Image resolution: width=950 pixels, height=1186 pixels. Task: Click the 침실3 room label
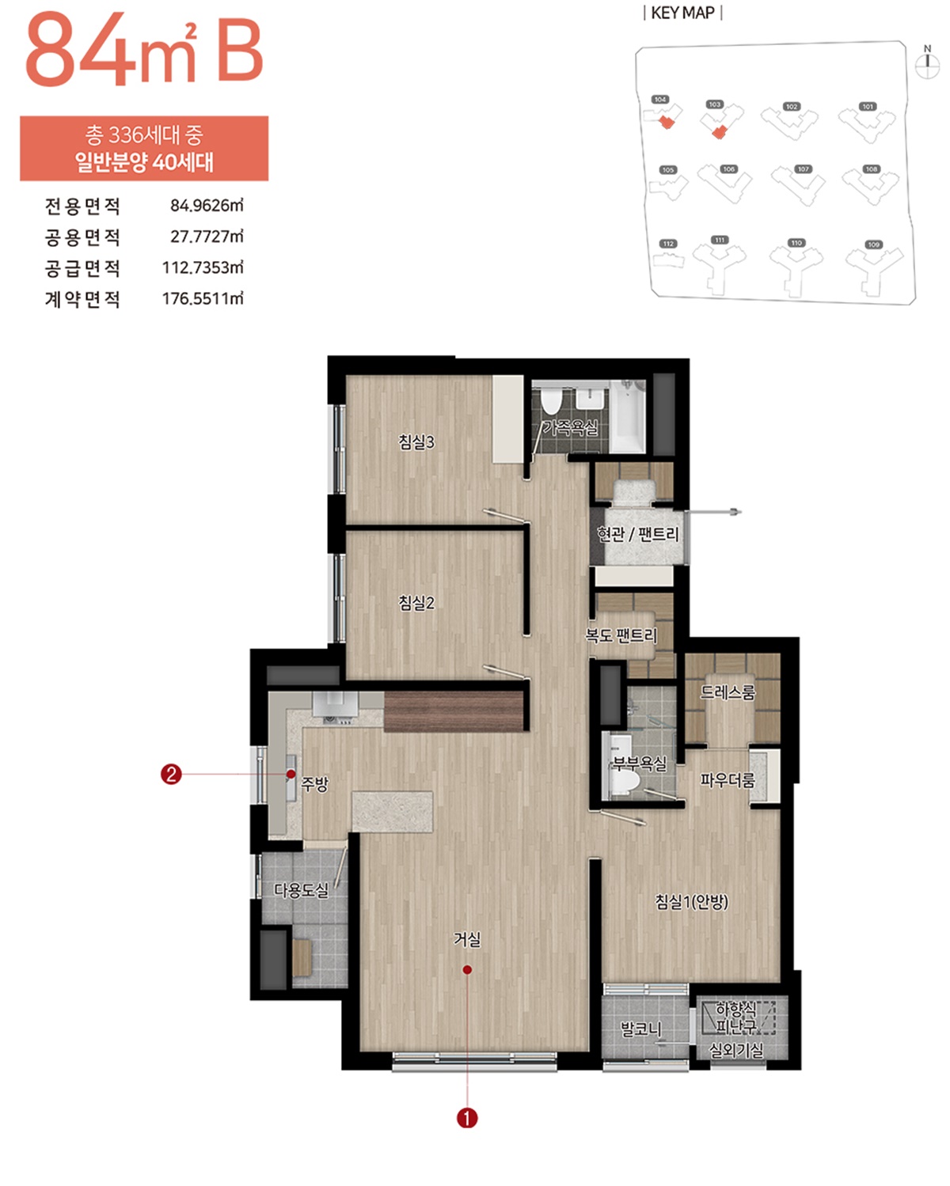point(416,441)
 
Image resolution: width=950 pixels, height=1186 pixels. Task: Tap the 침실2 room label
point(416,603)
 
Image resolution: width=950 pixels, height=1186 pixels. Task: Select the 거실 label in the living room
point(467,939)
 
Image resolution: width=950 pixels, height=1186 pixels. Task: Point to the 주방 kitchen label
point(314,784)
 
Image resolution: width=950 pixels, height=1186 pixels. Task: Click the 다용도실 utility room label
point(301,890)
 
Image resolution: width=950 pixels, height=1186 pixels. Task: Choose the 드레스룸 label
point(728,692)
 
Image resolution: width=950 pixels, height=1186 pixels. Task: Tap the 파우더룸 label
point(728,780)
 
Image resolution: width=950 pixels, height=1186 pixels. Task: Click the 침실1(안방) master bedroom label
point(691,901)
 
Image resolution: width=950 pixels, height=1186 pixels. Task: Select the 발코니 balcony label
point(641,1029)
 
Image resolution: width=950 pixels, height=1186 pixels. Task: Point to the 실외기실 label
point(735,1050)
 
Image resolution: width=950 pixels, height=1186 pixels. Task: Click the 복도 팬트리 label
point(621,635)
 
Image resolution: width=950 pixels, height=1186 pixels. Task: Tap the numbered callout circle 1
point(467,1118)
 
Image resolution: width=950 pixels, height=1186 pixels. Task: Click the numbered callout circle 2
point(171,774)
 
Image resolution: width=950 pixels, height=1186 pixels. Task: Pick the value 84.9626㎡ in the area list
point(207,206)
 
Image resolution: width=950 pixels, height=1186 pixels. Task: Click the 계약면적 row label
point(82,299)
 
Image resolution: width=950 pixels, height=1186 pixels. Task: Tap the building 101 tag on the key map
point(868,106)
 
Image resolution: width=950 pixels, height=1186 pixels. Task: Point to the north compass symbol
point(927,64)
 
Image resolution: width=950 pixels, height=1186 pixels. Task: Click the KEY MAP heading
point(682,13)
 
